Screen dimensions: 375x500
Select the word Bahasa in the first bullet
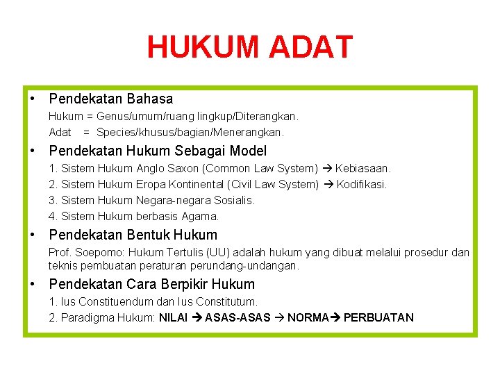150,99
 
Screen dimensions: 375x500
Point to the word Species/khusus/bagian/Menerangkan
190,132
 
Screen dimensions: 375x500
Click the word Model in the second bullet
247,151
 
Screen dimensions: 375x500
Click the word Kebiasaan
363,169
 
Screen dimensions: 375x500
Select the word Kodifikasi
362,185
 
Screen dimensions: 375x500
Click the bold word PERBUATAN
378,318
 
